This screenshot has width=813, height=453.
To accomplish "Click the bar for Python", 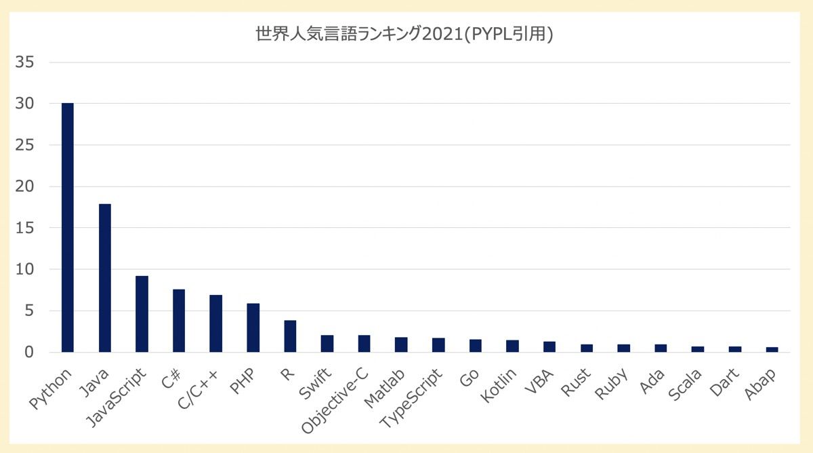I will tap(68, 227).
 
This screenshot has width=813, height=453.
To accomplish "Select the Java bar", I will tap(105, 278).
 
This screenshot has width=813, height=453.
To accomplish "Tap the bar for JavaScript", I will tap(142, 314).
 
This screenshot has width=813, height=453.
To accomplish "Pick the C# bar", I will tap(179, 321).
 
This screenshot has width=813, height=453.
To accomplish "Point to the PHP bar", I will tap(253, 328).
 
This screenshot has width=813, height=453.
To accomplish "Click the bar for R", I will tap(290, 336).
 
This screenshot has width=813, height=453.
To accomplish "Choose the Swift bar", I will tap(327, 344).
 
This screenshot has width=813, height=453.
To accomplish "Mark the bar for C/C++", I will tap(215, 323).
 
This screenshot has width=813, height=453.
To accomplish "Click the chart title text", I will tap(404, 35).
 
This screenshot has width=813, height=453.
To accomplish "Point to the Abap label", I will tap(762, 383).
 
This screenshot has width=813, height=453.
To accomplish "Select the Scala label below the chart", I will tap(687, 384).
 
